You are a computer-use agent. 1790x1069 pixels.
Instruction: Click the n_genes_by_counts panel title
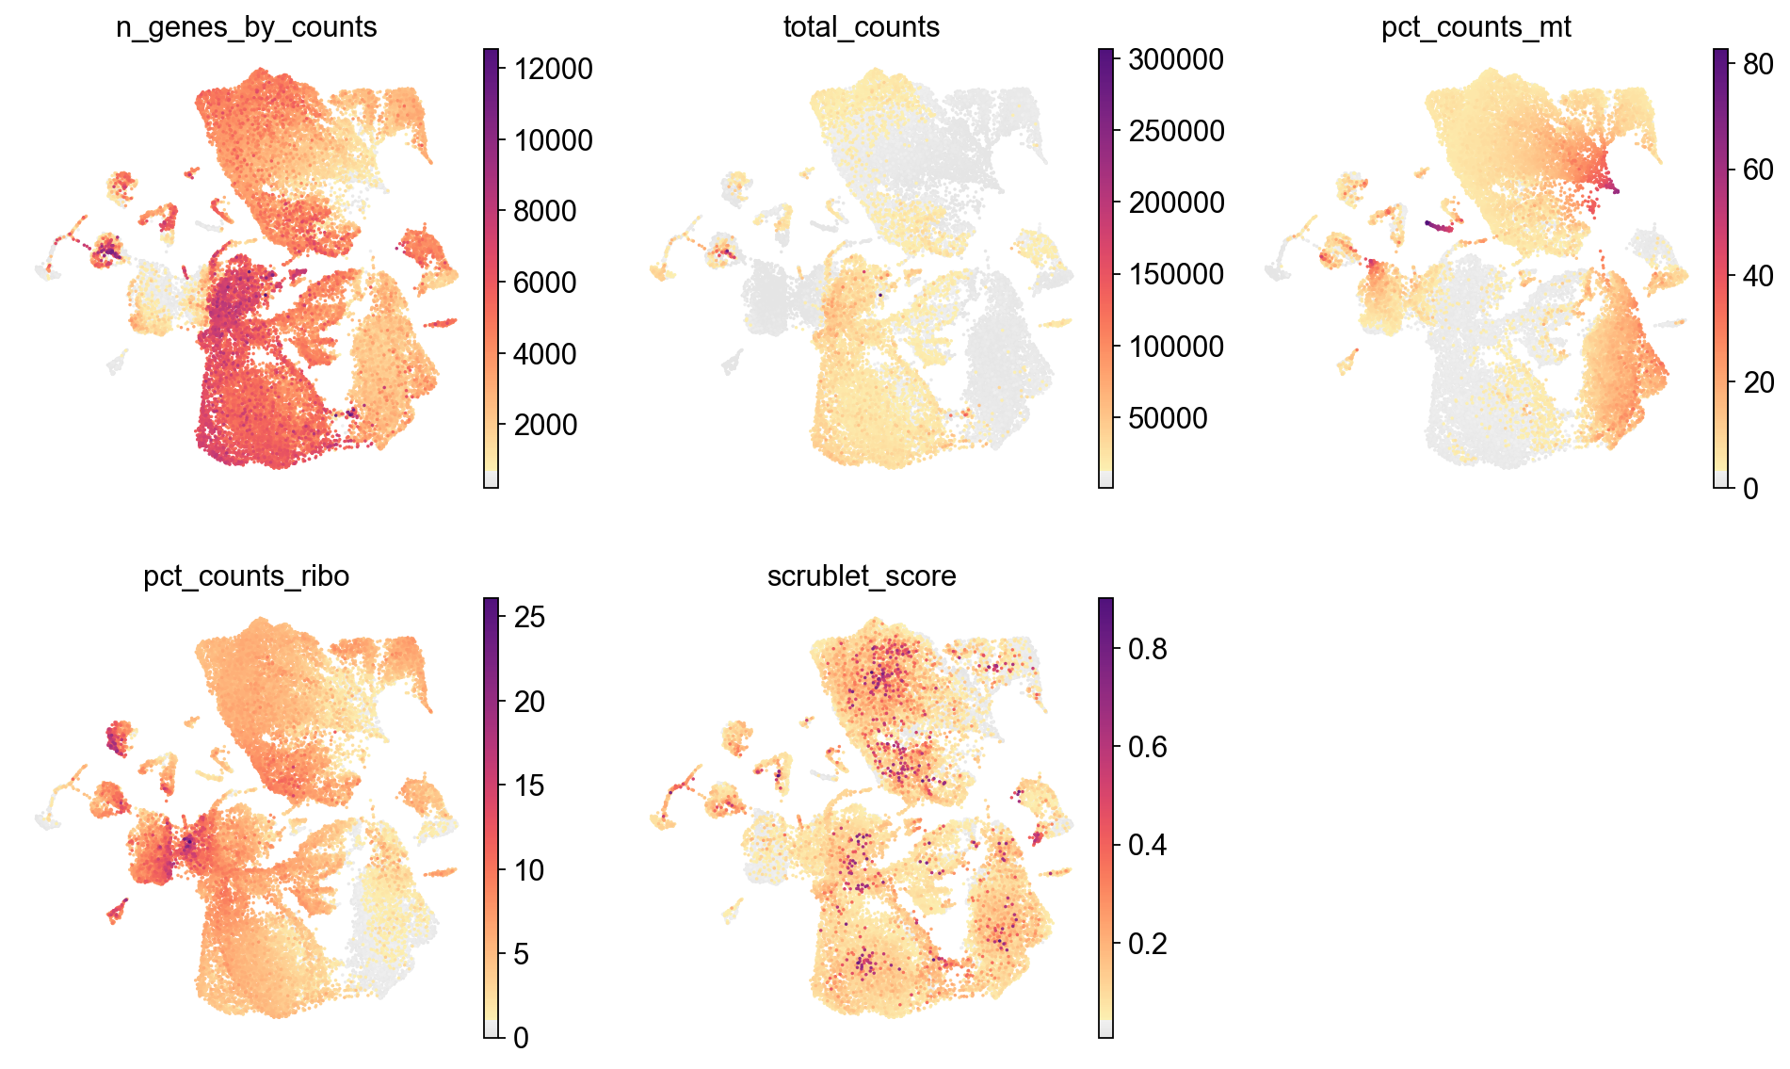pos(246,27)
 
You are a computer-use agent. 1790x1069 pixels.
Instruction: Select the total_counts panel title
pos(861,27)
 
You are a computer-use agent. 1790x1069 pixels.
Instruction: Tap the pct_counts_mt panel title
pos(1476,27)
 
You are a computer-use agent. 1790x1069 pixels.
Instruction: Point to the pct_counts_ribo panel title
pos(246,576)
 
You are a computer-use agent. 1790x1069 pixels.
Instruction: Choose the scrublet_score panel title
pos(861,576)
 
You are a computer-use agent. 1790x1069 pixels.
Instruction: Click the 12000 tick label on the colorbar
pos(553,69)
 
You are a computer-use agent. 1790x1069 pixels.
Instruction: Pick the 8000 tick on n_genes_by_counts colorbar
pos(544,211)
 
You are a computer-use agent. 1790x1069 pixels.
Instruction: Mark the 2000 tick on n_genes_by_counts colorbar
pos(544,425)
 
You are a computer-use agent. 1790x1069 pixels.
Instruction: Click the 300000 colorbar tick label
pos(1176,59)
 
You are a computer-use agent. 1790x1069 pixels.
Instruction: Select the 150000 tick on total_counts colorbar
pos(1176,274)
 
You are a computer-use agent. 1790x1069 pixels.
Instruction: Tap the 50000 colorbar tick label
pos(1168,418)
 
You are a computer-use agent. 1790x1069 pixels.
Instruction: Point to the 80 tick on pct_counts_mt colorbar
pos(1758,64)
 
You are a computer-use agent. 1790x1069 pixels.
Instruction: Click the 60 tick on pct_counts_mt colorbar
pos(1758,170)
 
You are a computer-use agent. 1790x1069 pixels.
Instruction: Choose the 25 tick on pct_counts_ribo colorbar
pos(529,617)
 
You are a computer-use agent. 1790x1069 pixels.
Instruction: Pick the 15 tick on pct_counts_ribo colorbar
pos(529,786)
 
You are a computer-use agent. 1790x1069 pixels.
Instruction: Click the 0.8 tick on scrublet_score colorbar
pos(1147,649)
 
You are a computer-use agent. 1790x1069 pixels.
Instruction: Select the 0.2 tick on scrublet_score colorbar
pos(1147,944)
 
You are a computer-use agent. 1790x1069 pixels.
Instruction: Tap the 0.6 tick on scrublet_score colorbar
pos(1147,747)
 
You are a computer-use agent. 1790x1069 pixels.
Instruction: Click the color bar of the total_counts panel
pos(1105,268)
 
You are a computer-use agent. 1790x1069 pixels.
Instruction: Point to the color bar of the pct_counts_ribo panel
pos(491,818)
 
